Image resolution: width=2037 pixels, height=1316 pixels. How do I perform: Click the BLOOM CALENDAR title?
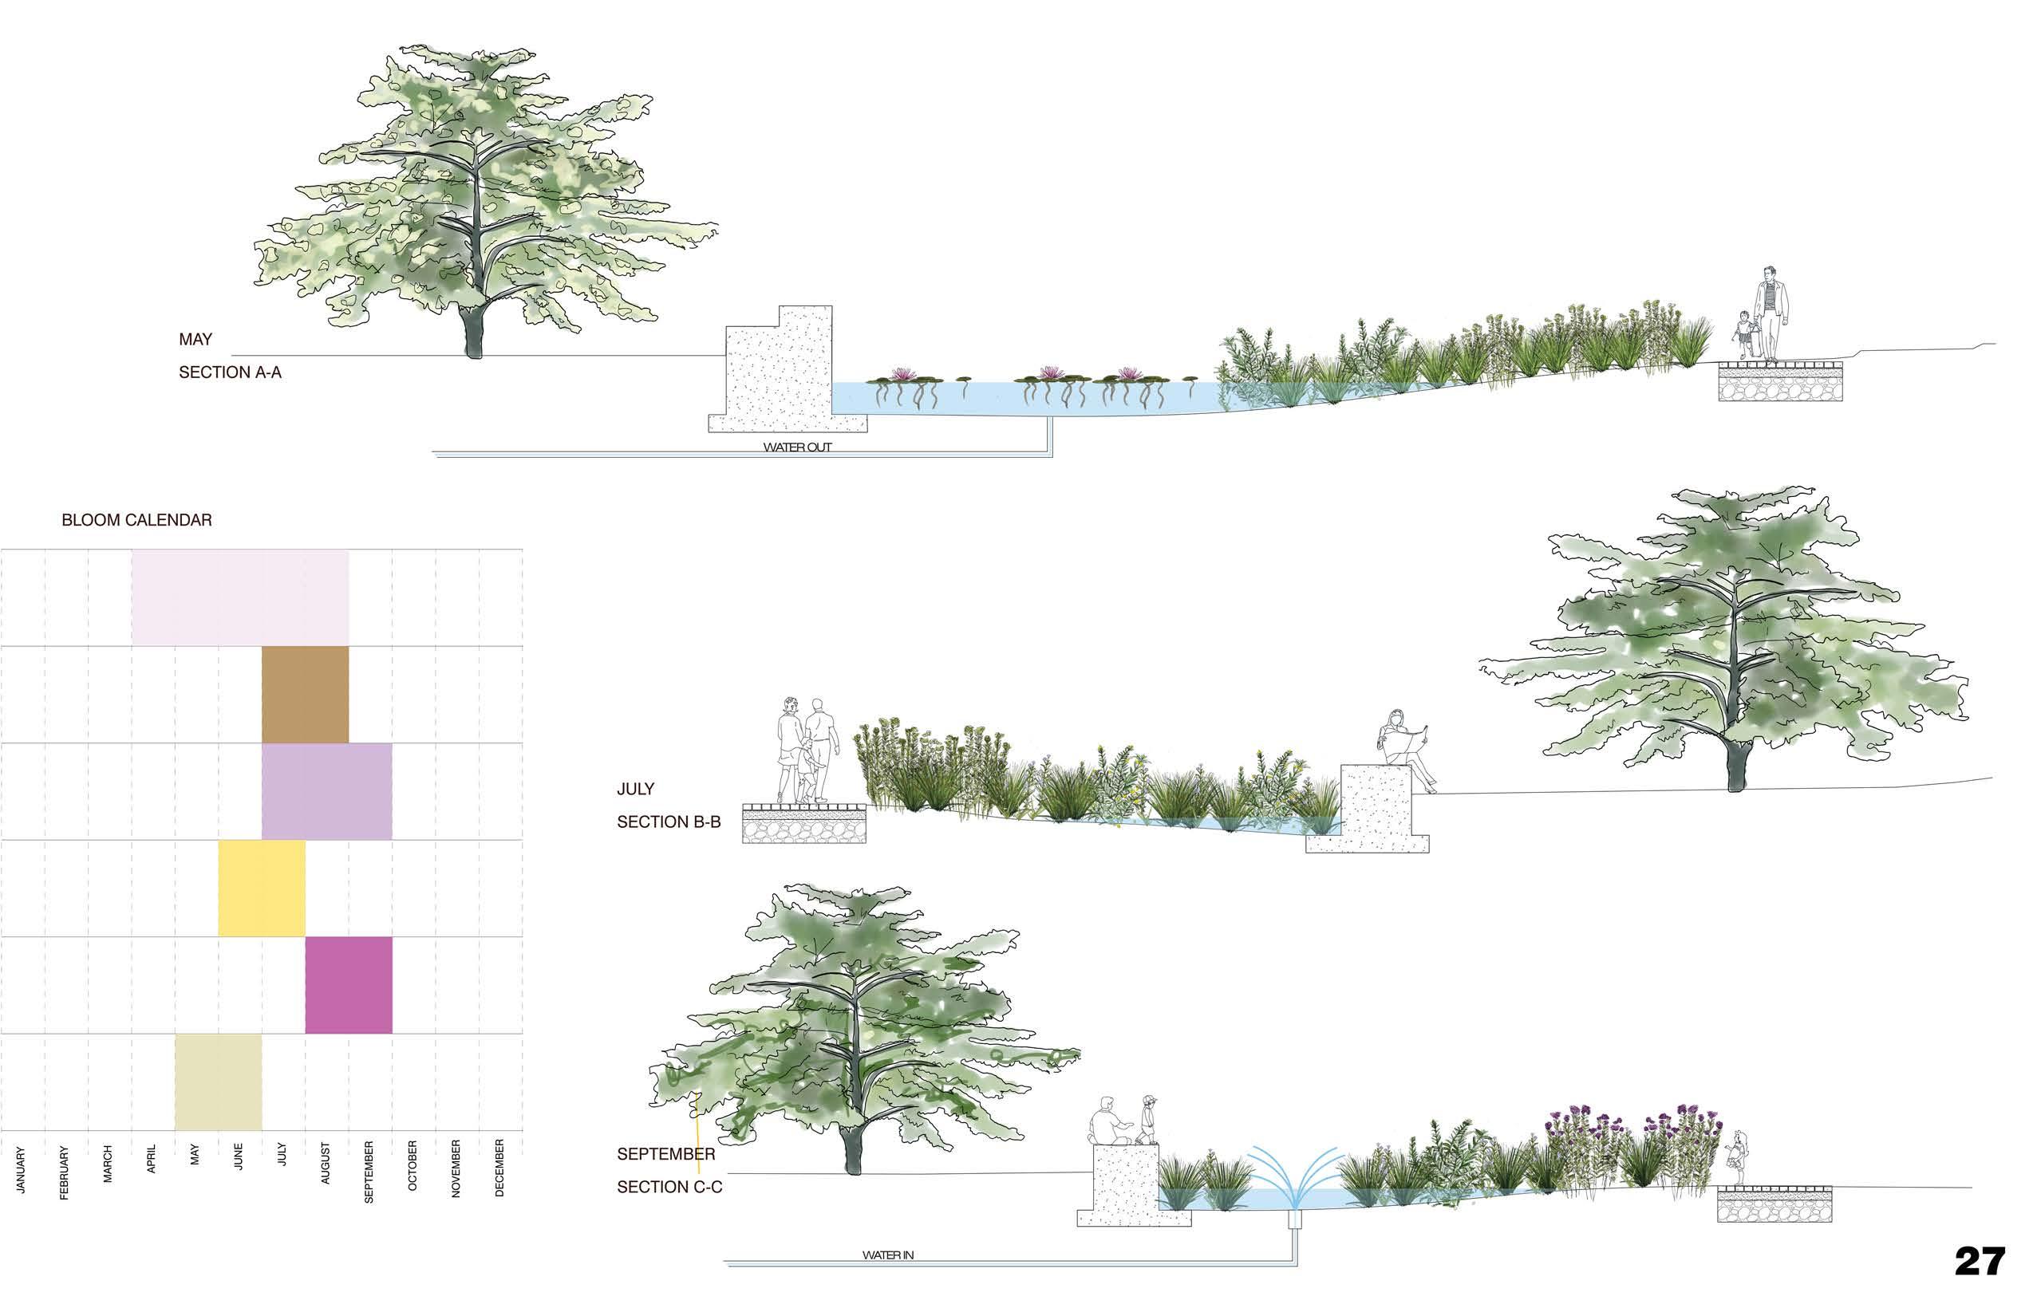point(136,519)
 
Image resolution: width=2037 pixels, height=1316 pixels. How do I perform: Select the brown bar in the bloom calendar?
point(304,694)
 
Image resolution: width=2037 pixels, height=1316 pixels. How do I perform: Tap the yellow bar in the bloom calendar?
point(262,888)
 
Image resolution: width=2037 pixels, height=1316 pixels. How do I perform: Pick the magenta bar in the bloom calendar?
point(349,984)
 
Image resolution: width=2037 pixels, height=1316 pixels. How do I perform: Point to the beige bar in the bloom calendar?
point(218,1082)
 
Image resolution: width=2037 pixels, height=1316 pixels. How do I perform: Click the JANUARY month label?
point(22,1169)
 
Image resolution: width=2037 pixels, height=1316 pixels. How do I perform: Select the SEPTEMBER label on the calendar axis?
point(369,1172)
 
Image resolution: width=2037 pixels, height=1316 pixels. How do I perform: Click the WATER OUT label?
point(796,447)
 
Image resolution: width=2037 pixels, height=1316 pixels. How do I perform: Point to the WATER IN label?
point(887,1255)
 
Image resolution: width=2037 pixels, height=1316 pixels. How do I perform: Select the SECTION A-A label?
point(230,372)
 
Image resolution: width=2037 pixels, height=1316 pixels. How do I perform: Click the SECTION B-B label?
point(669,822)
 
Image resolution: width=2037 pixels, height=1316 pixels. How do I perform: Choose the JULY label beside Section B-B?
point(635,789)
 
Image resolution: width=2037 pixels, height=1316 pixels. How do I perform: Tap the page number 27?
point(1980,1261)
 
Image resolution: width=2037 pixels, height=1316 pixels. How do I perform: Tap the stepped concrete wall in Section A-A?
point(780,368)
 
